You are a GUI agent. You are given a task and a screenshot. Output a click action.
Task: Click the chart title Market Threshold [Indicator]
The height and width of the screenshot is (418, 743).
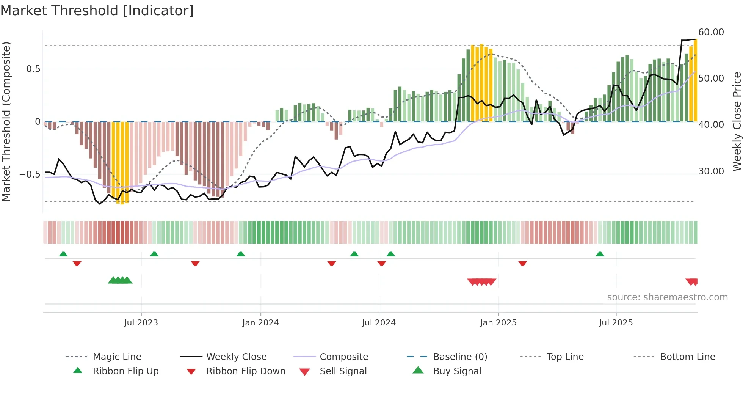pyautogui.click(x=97, y=11)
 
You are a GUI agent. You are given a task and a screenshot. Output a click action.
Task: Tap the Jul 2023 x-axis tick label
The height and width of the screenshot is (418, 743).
pyautogui.click(x=141, y=322)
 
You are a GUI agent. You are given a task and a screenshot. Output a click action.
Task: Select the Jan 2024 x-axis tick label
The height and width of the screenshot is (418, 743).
pyautogui.click(x=260, y=322)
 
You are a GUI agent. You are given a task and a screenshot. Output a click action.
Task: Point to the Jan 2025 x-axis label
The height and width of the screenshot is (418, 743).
pyautogui.click(x=498, y=322)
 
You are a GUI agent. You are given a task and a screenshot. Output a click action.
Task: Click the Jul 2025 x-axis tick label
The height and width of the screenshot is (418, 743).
pyautogui.click(x=616, y=322)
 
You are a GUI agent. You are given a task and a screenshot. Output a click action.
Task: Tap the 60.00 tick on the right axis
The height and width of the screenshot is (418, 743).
pyautogui.click(x=711, y=32)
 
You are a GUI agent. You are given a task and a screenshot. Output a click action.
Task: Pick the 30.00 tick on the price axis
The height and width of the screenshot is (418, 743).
pyautogui.click(x=711, y=171)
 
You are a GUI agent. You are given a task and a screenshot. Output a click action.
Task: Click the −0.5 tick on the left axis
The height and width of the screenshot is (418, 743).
pyautogui.click(x=30, y=174)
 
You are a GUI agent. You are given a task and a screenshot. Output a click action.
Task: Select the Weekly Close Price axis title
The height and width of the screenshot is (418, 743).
pyautogui.click(x=737, y=121)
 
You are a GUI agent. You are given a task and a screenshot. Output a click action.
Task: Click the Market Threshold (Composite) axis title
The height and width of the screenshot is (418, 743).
pyautogui.click(x=6, y=121)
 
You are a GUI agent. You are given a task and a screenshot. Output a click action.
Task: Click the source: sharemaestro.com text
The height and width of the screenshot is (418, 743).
pyautogui.click(x=667, y=297)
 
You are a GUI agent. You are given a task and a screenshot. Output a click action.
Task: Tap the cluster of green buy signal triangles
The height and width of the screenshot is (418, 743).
pyautogui.click(x=120, y=280)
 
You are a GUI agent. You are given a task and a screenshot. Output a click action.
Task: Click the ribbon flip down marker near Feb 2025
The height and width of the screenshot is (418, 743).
pyautogui.click(x=522, y=263)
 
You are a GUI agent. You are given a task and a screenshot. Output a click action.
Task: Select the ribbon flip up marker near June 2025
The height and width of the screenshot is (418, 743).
pyautogui.click(x=600, y=254)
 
